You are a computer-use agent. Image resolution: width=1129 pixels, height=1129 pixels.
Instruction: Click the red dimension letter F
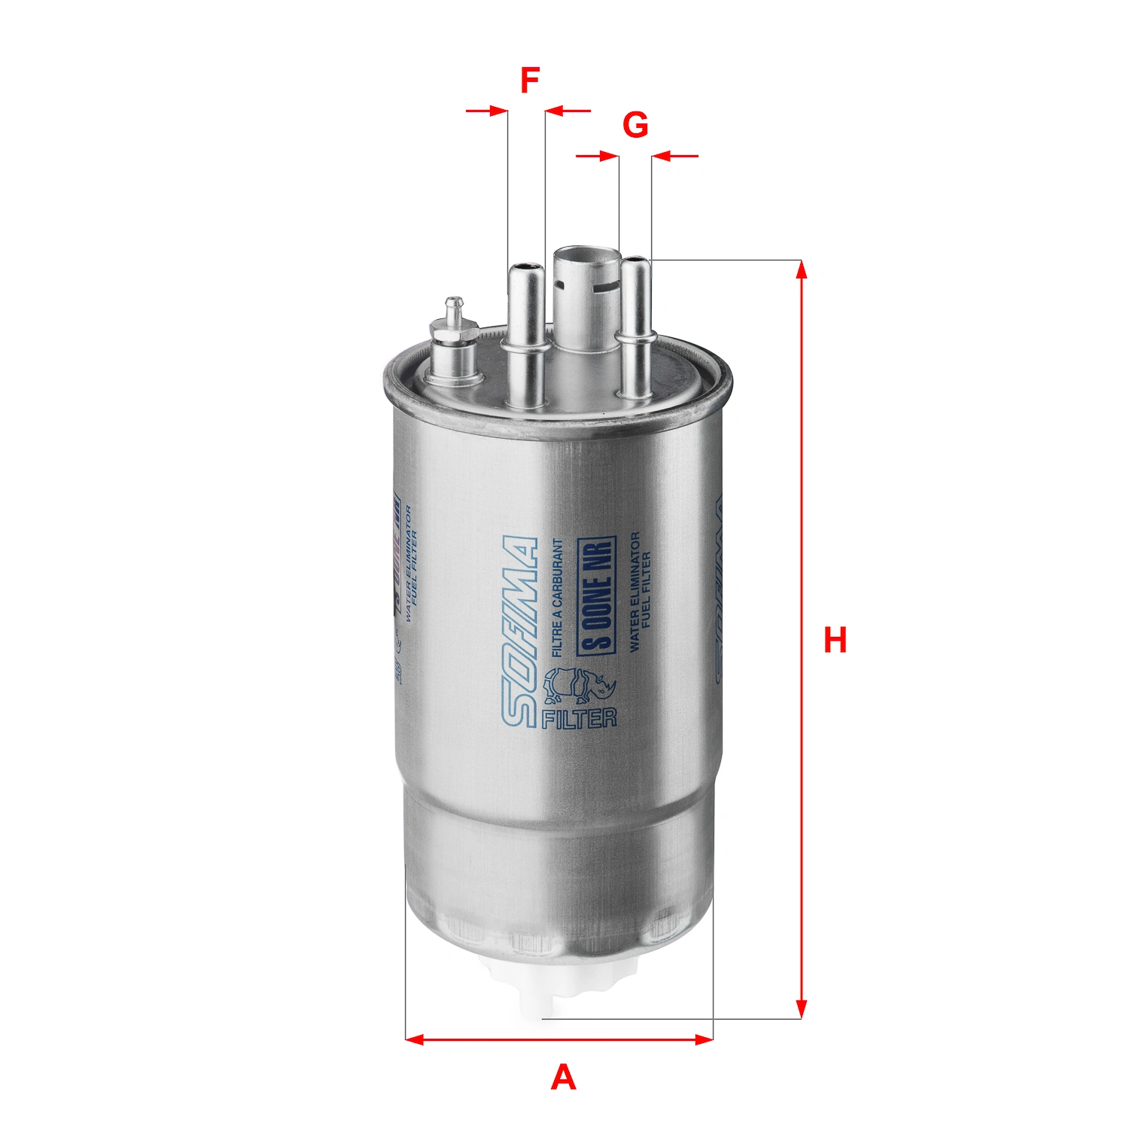click(x=530, y=80)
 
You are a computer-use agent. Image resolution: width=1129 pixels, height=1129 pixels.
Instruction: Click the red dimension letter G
click(x=635, y=125)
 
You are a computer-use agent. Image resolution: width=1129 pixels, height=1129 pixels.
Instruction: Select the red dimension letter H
click(x=835, y=640)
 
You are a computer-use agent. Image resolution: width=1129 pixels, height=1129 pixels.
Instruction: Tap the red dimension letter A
click(x=563, y=1078)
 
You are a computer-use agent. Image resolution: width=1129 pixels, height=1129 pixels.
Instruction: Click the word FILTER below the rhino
click(x=579, y=718)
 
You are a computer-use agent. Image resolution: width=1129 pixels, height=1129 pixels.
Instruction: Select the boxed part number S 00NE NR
click(x=597, y=595)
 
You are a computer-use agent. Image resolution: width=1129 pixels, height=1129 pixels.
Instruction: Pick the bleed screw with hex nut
click(x=453, y=339)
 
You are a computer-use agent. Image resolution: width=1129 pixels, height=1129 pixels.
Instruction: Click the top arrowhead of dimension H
click(x=802, y=269)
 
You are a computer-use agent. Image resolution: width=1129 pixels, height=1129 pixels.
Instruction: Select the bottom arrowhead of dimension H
click(x=802, y=1010)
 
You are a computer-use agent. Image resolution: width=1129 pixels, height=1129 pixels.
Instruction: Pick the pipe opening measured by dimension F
click(x=525, y=267)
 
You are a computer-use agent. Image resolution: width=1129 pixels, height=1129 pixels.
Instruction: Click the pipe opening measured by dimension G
click(x=635, y=261)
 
